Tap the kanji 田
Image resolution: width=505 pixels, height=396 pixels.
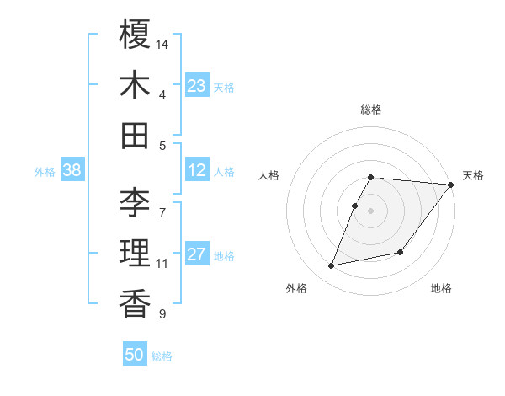[x=135, y=135]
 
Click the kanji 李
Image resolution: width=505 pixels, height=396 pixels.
[x=135, y=202]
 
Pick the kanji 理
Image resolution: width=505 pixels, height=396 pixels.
[x=135, y=253]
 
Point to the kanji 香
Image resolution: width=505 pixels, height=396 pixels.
[x=135, y=303]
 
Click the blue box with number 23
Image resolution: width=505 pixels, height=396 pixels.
[x=196, y=86]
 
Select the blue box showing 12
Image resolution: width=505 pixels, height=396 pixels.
[x=196, y=170]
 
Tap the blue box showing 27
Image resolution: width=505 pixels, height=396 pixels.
[x=196, y=254]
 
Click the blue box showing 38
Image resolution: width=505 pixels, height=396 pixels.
[x=72, y=170]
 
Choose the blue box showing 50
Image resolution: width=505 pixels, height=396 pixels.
[x=134, y=355]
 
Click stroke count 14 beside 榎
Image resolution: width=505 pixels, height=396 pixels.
[x=162, y=43]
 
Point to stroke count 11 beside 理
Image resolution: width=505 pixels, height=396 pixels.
[x=162, y=264]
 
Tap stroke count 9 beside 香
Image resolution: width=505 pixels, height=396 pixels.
[x=162, y=314]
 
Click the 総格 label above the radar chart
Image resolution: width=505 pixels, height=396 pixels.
[x=370, y=110]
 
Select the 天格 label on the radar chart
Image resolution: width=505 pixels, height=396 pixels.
[x=473, y=175]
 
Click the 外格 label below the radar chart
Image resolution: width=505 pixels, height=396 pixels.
[x=296, y=288]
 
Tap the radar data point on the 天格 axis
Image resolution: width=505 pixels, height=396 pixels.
[x=450, y=185]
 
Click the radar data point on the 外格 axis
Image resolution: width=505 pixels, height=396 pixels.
[x=332, y=265]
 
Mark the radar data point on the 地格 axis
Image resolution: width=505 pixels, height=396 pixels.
[x=401, y=252]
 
